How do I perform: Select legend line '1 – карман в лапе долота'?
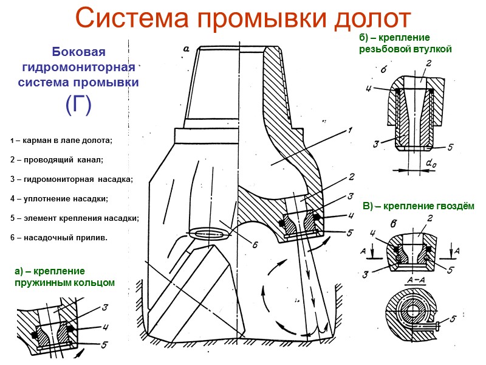(62, 141)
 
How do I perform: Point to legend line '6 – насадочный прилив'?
(59, 237)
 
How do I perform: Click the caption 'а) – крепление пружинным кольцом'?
(64, 277)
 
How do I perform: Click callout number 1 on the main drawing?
(351, 130)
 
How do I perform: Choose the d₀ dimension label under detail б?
(432, 164)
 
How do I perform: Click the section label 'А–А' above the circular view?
(415, 280)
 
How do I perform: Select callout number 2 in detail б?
(428, 63)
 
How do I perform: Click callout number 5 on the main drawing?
(349, 232)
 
